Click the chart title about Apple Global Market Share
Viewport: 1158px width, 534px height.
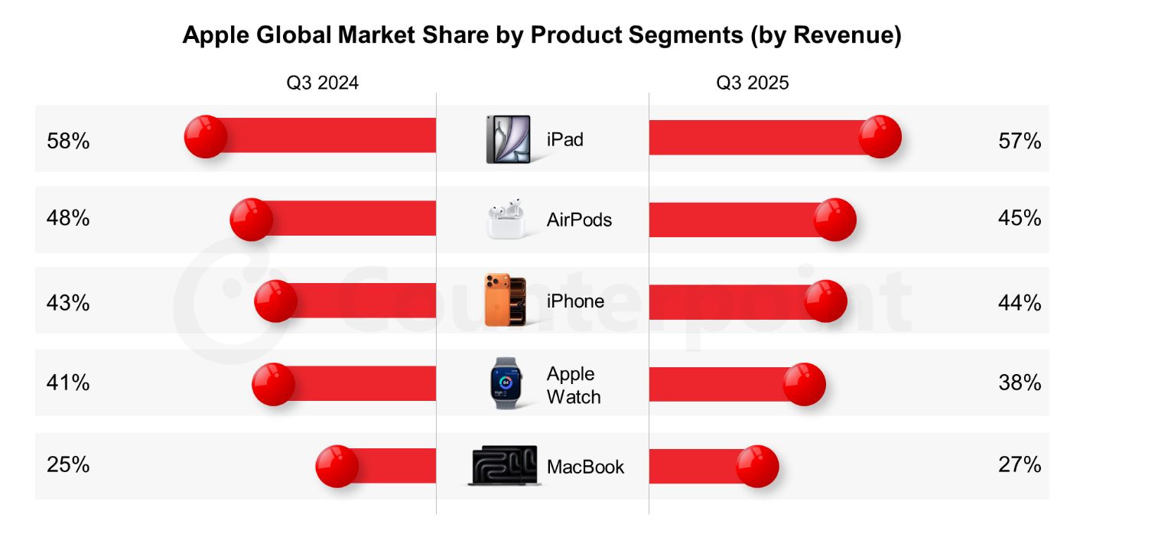542,35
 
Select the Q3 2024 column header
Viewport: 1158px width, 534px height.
322,83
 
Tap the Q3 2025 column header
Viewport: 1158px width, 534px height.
752,83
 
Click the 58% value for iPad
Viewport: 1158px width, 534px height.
68,142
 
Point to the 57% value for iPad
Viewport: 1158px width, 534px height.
1020,141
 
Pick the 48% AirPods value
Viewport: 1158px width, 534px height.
68,219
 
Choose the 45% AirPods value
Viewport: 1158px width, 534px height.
1020,219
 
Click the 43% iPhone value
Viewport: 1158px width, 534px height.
68,303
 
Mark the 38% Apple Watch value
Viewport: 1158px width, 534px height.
1020,383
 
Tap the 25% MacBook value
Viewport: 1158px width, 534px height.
68,464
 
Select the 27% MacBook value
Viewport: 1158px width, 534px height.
1020,464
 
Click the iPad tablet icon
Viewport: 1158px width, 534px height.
508,139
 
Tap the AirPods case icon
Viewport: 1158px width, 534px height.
507,220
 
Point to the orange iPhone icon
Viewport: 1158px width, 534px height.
505,301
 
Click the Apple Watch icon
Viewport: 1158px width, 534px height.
506,383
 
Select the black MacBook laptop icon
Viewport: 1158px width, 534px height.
505,465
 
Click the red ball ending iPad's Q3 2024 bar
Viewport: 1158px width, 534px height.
206,137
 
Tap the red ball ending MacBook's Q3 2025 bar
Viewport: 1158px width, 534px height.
757,466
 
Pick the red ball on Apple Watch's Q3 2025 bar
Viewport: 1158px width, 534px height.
805,383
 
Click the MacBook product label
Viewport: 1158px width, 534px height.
585,467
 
